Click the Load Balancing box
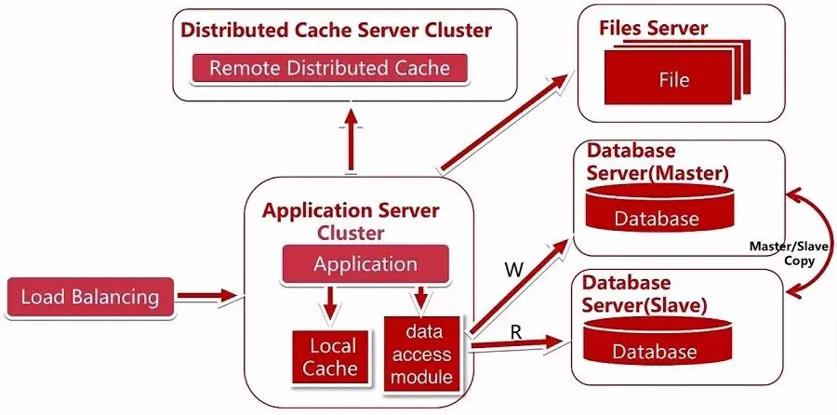click(90, 298)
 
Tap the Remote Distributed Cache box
click(329, 68)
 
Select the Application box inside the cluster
click(365, 264)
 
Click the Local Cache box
click(333, 356)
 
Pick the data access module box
click(421, 353)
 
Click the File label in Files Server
click(672, 79)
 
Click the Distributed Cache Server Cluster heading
click(336, 30)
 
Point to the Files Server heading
click(653, 28)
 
